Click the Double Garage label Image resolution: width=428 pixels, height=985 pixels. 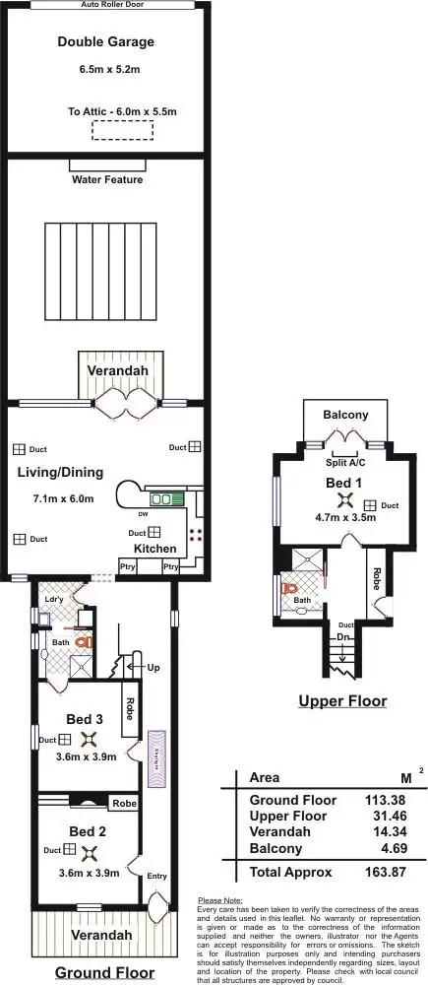coord(105,42)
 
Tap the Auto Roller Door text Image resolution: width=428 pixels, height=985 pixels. coord(107,5)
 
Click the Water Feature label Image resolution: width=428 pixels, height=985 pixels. coord(107,180)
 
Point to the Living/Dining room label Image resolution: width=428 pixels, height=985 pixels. coord(55,473)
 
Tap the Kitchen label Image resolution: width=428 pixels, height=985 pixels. coord(154,549)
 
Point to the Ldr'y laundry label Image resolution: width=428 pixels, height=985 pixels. coord(54,600)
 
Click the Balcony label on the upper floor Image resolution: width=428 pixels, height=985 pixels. coord(345,415)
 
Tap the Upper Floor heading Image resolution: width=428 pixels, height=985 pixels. coord(343,702)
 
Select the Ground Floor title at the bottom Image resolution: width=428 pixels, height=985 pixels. coord(104,972)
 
